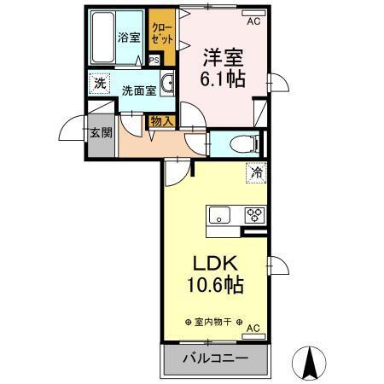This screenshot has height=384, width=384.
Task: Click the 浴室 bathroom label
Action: point(129,38)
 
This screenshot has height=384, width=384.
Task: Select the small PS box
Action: point(154,61)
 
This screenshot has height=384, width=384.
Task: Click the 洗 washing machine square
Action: point(100,84)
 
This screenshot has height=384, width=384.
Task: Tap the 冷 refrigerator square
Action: point(255,172)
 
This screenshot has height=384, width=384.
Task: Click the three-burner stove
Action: point(255,215)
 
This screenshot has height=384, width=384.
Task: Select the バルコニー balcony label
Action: point(214,358)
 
